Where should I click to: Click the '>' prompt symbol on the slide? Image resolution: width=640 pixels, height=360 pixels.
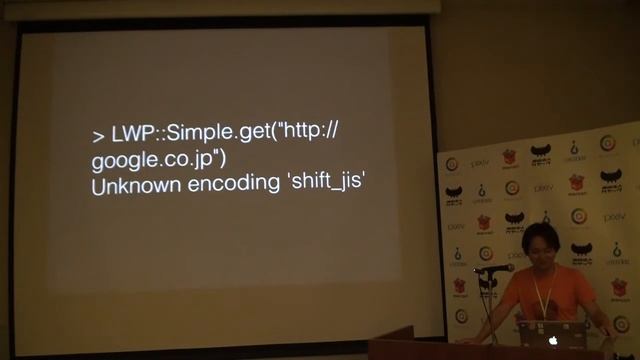[97, 136]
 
